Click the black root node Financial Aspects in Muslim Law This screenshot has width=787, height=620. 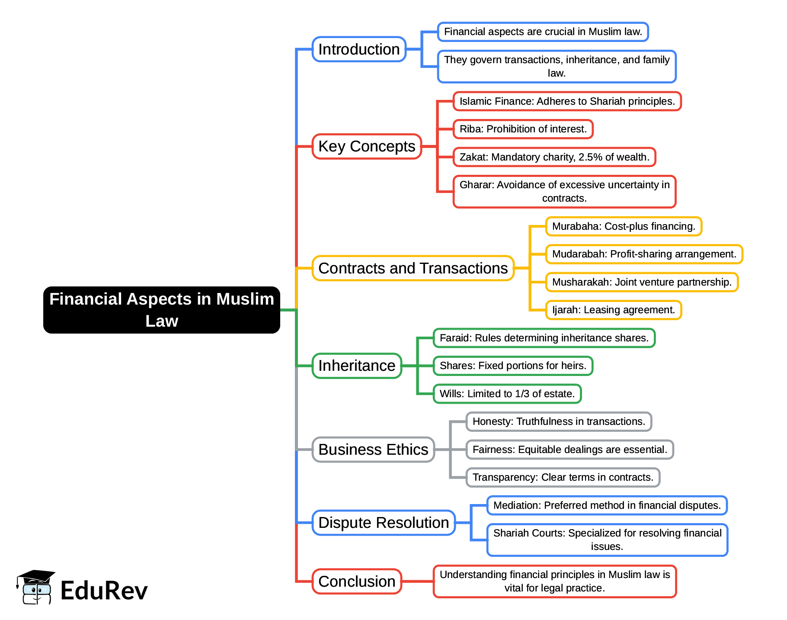point(161,310)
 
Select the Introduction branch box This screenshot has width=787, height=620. point(359,49)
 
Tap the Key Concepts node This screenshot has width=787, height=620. point(367,146)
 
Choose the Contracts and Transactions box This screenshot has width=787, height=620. point(413,268)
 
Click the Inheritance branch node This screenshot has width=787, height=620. point(357,366)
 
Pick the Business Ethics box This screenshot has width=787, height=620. point(373,450)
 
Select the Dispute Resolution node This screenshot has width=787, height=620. point(384,523)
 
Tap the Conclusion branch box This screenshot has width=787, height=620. point(357,581)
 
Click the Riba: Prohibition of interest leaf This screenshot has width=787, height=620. point(523,129)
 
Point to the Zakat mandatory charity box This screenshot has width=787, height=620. point(554,157)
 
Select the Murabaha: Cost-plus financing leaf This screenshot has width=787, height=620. point(624,226)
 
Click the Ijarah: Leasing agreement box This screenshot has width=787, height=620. point(613,310)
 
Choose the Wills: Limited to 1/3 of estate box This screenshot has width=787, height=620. point(507,394)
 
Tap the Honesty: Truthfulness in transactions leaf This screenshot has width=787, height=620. point(559,421)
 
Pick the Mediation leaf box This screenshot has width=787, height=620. point(607,505)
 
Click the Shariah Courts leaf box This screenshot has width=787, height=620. point(607,540)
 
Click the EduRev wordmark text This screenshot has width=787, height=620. point(104,591)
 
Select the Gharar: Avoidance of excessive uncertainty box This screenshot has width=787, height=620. point(564,191)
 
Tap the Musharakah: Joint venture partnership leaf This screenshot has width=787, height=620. point(642,282)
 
